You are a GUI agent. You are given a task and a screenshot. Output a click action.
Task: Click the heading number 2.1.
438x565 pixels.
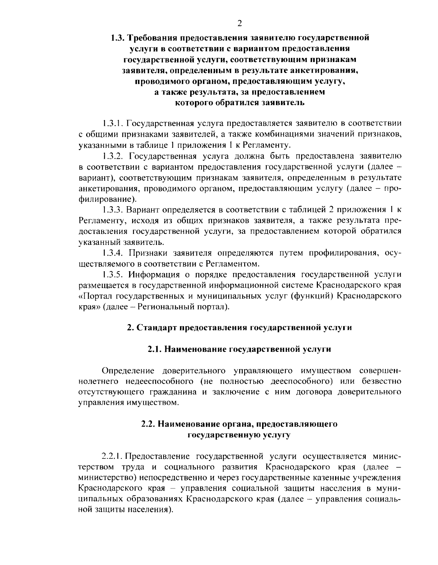(x=155, y=349)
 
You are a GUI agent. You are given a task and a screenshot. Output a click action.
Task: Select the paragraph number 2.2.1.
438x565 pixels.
(x=113, y=456)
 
